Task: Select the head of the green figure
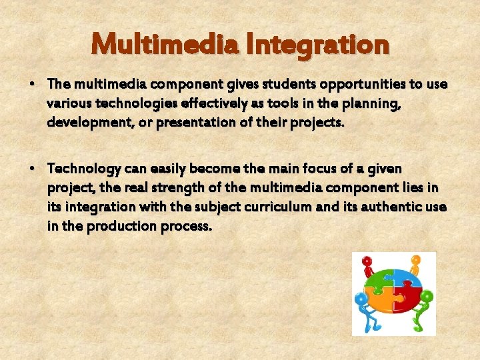[x=427, y=295]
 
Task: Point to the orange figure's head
[x=417, y=260]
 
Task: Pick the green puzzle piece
[x=380, y=280]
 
